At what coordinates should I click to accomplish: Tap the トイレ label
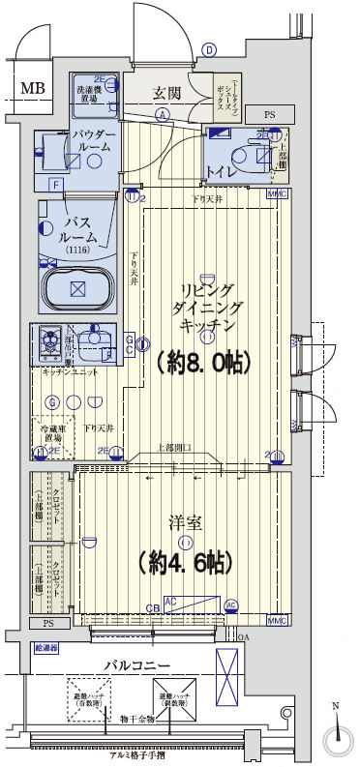[221, 174]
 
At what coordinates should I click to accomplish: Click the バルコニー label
[136, 665]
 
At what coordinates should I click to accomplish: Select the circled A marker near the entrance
[162, 114]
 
